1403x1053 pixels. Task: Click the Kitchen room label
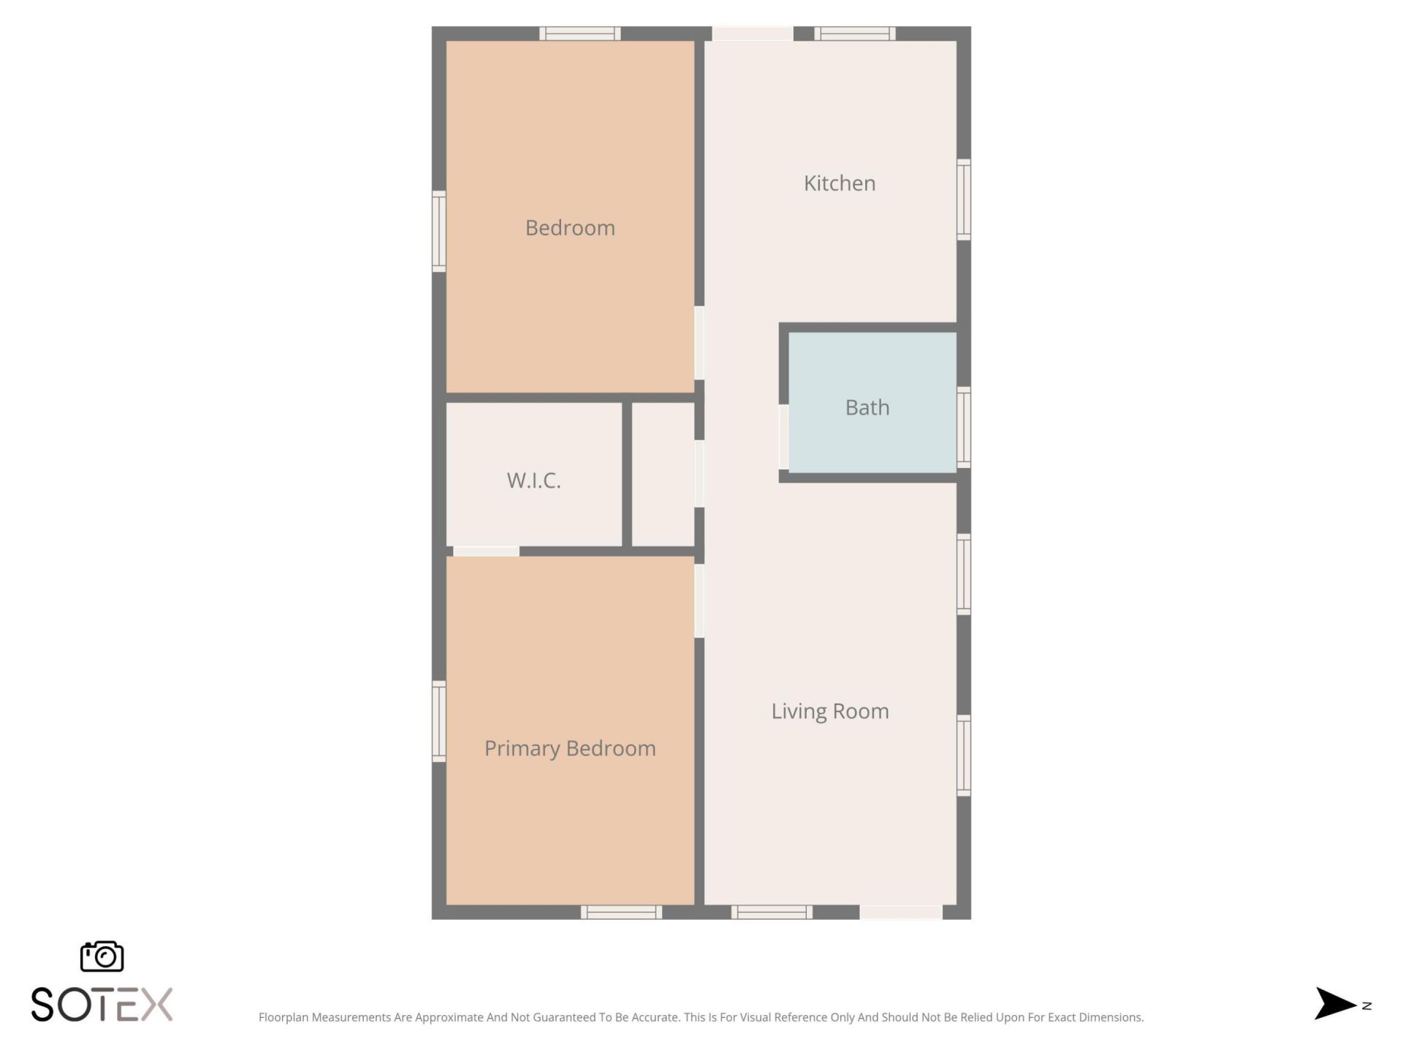point(840,183)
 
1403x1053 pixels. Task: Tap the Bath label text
point(867,407)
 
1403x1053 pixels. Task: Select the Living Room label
point(830,711)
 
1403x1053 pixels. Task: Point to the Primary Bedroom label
point(570,748)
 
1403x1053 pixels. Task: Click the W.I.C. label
point(533,480)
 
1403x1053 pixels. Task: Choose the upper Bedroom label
point(570,227)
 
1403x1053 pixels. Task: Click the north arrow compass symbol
point(1336,1003)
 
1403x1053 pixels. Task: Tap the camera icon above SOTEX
point(102,956)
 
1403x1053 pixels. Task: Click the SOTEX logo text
point(102,1004)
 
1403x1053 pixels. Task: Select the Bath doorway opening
point(783,437)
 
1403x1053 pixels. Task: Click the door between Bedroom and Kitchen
point(699,342)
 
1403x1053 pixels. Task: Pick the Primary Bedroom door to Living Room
point(699,600)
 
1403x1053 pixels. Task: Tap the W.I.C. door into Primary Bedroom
point(486,551)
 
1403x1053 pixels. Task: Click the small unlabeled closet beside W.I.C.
point(663,474)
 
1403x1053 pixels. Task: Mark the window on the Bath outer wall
point(964,427)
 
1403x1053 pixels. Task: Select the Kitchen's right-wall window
point(964,199)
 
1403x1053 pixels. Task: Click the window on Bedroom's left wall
point(438,231)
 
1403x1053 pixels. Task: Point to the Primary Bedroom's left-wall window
point(438,721)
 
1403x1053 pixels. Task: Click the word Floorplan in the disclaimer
point(284,1017)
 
